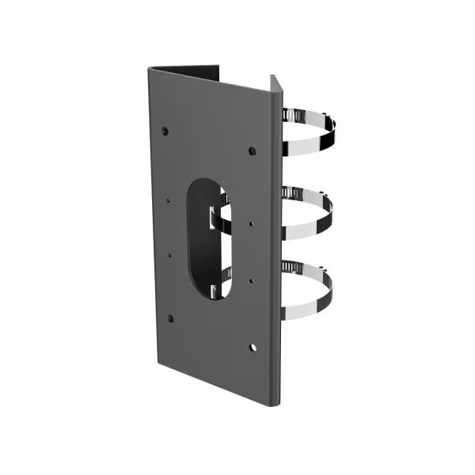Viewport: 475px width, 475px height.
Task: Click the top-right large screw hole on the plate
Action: pos(252,150)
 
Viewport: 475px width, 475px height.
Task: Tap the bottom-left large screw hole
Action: pos(170,318)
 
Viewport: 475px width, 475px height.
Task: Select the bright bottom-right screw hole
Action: pos(253,347)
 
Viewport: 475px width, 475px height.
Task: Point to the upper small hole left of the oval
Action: pos(169,199)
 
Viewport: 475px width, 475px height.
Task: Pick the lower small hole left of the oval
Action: pos(169,255)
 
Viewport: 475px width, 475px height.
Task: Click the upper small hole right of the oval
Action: pos(251,223)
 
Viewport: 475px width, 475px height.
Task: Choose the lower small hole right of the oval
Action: pos(251,279)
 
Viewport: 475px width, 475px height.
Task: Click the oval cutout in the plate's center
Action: pos(207,237)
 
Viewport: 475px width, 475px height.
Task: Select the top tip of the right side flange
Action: pos(275,78)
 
